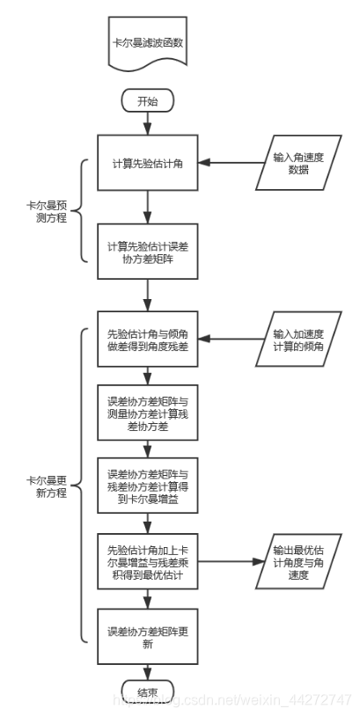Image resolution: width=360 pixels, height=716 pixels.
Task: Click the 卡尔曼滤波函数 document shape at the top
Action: click(148, 43)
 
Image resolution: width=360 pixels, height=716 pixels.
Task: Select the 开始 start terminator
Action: click(148, 100)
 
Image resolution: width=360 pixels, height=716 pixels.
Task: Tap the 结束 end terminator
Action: click(148, 693)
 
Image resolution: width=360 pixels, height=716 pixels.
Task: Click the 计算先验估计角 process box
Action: click(148, 163)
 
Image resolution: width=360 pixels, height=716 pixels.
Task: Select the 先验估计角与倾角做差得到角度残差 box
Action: click(148, 340)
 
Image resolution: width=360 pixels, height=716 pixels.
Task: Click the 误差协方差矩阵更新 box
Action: click(148, 638)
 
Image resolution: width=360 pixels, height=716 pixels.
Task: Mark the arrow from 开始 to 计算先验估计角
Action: click(148, 123)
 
